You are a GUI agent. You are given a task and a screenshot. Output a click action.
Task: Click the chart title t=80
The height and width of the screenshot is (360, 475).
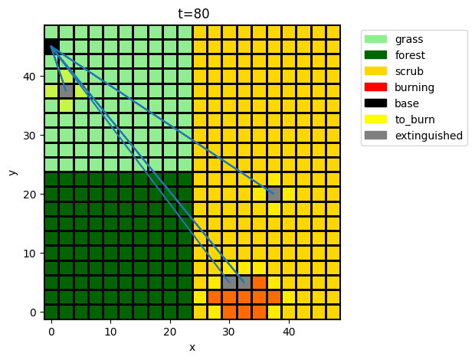click(192, 13)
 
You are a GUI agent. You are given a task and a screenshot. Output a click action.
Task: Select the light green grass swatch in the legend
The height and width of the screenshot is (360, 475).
click(376, 39)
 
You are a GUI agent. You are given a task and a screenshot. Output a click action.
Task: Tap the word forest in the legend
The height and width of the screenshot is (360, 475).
click(408, 55)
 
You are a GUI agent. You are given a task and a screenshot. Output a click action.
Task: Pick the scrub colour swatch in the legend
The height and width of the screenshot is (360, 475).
click(376, 71)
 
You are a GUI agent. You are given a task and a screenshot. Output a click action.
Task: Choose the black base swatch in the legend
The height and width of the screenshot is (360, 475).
click(376, 103)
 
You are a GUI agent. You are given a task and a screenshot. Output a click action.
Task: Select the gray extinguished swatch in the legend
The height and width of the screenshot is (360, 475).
click(376, 136)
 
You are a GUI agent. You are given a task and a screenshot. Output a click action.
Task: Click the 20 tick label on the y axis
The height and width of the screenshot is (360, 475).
click(31, 195)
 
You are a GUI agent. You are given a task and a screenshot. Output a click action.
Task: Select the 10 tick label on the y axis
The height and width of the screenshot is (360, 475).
click(31, 254)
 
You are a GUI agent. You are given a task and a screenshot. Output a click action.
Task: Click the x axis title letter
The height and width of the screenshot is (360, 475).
click(192, 347)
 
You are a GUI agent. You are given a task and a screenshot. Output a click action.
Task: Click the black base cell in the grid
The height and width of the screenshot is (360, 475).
click(51, 46)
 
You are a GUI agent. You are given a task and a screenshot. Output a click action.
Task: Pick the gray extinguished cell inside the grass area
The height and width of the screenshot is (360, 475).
click(66, 90)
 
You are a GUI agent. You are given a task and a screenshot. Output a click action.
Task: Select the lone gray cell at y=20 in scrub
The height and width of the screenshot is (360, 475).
click(274, 194)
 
